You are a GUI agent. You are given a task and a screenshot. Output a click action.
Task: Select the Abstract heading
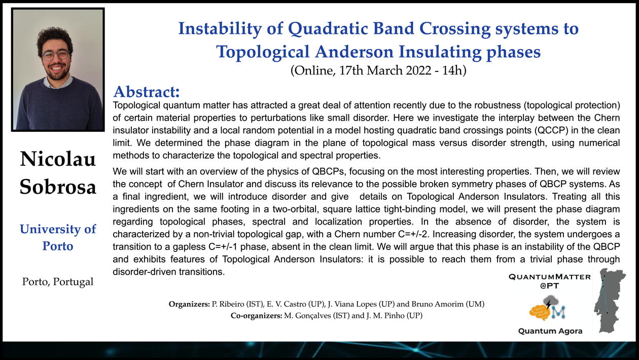[x=147, y=92]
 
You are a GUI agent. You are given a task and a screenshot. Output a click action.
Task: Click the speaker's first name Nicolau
[x=58, y=159]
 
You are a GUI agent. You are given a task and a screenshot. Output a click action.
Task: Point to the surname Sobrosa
[x=58, y=187]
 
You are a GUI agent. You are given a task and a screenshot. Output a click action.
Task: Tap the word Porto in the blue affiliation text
[x=58, y=246]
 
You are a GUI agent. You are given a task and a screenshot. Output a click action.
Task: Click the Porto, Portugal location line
[x=58, y=282]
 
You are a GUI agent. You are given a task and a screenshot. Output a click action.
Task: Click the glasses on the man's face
[x=55, y=55]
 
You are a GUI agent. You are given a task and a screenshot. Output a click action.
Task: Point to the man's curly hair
[x=54, y=37]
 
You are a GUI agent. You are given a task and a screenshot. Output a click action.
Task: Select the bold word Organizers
[x=189, y=304]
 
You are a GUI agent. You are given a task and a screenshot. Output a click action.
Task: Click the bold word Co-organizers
[x=256, y=316]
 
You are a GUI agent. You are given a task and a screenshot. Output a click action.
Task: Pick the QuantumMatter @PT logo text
[x=550, y=281]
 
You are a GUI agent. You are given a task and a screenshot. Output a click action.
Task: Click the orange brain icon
[x=540, y=313]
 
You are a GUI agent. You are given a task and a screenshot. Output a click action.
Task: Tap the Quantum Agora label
[x=550, y=331]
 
